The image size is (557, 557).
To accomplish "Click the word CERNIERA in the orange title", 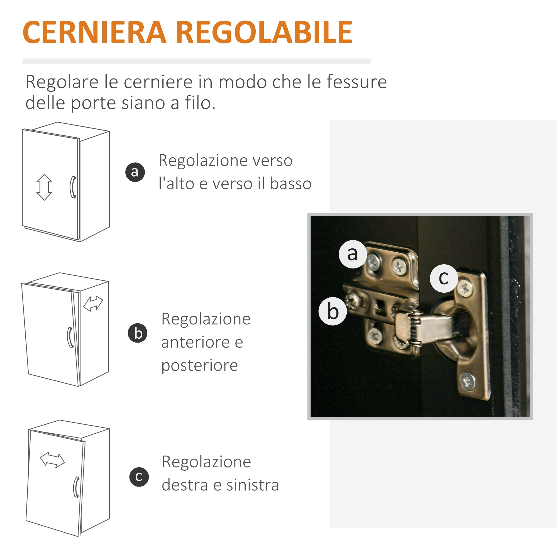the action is (x=95, y=32).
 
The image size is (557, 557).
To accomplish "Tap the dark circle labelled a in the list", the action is (x=135, y=172).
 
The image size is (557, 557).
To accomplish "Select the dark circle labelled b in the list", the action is (x=138, y=333).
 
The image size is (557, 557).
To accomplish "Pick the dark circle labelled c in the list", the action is (x=139, y=477).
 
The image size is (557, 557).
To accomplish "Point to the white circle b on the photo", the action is (x=333, y=311).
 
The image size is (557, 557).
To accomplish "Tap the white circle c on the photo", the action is (x=444, y=278).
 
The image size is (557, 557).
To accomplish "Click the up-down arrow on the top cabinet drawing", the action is (x=44, y=187).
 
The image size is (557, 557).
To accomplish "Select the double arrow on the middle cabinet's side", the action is (x=93, y=304).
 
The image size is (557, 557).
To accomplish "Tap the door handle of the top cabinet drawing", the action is (x=73, y=187).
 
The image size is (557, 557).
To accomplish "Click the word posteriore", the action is (x=199, y=366).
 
